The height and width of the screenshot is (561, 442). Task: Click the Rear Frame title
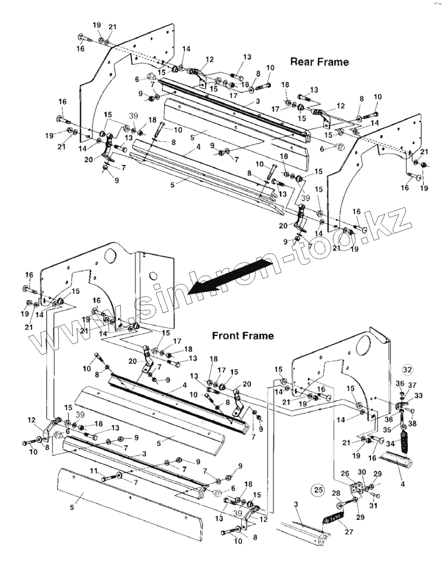(x=319, y=62)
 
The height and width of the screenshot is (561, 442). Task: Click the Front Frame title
(x=243, y=335)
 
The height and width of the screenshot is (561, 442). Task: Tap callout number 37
(x=412, y=384)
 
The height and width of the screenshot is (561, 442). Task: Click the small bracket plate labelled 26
(x=355, y=488)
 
